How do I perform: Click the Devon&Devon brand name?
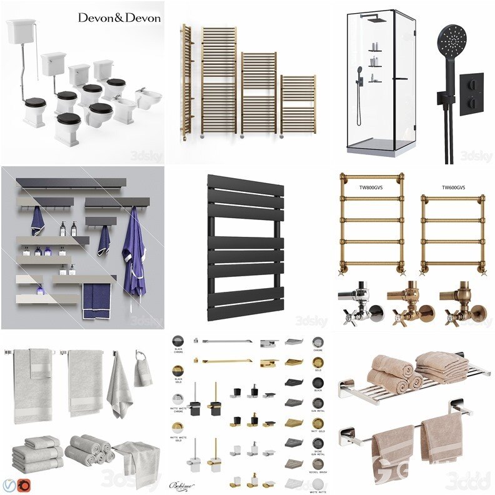point(119,17)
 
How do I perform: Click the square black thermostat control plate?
point(471,94)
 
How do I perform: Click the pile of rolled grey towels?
point(89,449)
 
